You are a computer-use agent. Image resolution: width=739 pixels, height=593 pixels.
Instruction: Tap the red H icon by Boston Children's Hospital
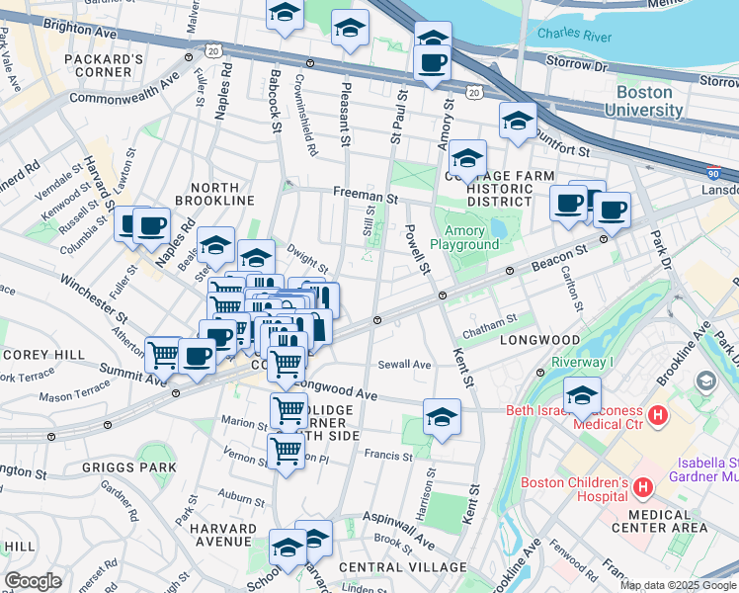coord(643,487)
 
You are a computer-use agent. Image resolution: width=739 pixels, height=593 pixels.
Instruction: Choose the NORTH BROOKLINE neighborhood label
coord(208,194)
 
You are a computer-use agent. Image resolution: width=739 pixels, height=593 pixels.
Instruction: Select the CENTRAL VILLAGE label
coord(402,567)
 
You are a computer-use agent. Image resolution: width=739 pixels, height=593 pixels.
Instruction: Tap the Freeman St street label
coord(365,198)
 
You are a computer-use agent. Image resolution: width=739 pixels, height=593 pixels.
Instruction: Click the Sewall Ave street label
coord(404,365)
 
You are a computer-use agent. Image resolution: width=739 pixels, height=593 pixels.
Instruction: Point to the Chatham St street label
coord(491,319)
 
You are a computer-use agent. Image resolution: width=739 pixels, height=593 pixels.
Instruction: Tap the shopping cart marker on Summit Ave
coord(163,355)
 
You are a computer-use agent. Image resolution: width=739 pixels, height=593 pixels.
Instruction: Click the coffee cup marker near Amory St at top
coord(432,64)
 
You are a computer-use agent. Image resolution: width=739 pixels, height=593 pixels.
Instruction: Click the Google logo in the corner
coord(33,581)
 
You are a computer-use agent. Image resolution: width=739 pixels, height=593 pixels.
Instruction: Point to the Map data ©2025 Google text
coord(676,585)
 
